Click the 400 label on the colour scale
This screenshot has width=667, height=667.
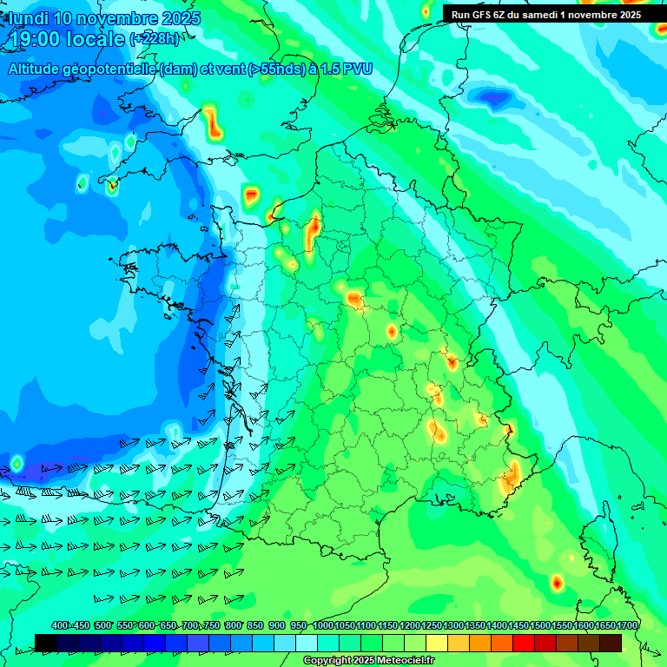pos(60,626)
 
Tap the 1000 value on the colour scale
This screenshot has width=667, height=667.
pos(323,626)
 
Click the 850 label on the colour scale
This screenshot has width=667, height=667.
pos(256,626)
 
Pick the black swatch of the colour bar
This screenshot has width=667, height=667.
pos(46,643)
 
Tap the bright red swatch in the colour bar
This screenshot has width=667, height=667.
pos(524,643)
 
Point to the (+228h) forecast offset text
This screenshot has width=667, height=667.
pos(155,39)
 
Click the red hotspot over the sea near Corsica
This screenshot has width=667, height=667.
pos(557,582)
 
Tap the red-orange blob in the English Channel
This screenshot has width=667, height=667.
pos(213,123)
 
